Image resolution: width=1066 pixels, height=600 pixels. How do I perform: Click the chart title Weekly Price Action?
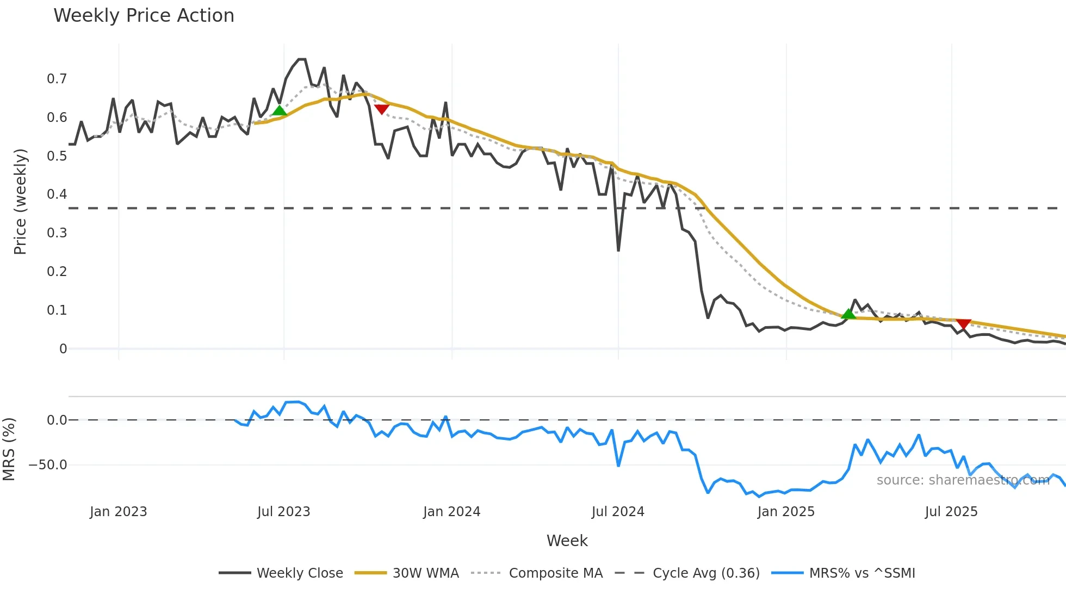click(144, 16)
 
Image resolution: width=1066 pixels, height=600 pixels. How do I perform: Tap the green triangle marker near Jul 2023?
click(279, 111)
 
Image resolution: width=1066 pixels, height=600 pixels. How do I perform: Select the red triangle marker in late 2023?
click(382, 109)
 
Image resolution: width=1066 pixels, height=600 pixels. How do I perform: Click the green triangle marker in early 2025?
click(848, 314)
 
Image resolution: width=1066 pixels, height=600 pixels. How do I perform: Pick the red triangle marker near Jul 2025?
click(963, 324)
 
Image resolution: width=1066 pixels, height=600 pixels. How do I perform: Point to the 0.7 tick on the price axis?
click(57, 79)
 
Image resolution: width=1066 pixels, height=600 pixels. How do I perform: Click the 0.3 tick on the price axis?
click(57, 233)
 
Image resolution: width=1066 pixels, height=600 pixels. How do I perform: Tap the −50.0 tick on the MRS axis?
click(48, 465)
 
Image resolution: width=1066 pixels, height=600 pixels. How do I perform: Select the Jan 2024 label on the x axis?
click(451, 512)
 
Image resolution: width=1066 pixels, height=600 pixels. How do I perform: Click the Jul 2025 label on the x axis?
click(951, 512)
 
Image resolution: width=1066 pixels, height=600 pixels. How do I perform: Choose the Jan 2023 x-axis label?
click(118, 512)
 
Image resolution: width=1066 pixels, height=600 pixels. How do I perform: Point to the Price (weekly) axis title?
click(20, 201)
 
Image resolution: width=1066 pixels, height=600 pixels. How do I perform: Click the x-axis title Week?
click(567, 541)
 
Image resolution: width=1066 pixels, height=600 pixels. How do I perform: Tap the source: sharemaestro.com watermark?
click(963, 480)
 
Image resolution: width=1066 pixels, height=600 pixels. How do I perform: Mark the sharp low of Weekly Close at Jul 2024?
click(618, 250)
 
